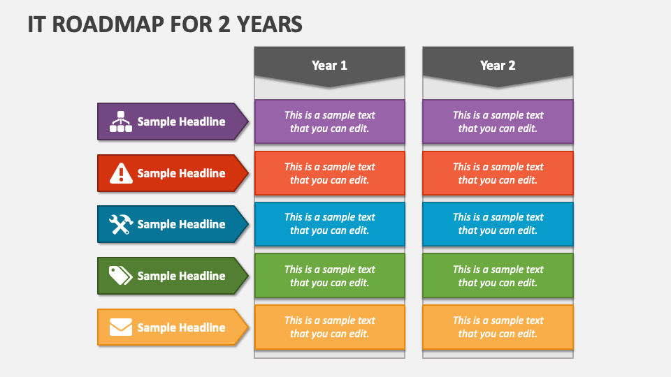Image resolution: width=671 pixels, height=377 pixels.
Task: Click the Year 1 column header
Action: coord(329,66)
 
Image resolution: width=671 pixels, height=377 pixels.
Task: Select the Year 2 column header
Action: coord(498,66)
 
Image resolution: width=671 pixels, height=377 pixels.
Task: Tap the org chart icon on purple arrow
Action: coord(121,121)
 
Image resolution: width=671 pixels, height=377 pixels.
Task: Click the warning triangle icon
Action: coord(121,173)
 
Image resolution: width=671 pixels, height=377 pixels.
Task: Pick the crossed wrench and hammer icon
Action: coord(121,224)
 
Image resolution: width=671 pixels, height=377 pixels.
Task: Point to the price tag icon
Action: coord(121,276)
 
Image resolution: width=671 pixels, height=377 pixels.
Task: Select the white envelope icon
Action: coord(121,327)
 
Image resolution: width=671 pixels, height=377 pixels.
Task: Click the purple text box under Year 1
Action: coord(329,121)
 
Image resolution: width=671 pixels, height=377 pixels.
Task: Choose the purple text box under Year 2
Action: coord(498,121)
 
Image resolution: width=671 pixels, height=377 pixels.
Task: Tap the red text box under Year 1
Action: coord(329,173)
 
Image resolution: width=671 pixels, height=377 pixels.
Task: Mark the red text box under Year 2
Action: coord(498,173)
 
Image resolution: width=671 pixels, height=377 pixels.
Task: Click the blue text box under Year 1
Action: coord(329,224)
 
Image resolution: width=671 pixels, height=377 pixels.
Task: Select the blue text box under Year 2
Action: coord(498,224)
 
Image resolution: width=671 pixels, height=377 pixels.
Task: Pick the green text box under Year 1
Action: coord(329,276)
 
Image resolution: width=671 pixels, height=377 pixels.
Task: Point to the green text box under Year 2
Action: coord(498,276)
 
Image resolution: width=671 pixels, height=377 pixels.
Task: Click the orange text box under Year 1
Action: coord(329,327)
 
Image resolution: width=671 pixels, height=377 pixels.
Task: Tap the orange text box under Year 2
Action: coord(498,327)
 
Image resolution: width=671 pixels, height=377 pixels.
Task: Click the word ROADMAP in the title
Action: coord(108,24)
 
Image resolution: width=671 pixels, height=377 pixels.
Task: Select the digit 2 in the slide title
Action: coord(224,24)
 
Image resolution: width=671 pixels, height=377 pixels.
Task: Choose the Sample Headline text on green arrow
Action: coord(181,276)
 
